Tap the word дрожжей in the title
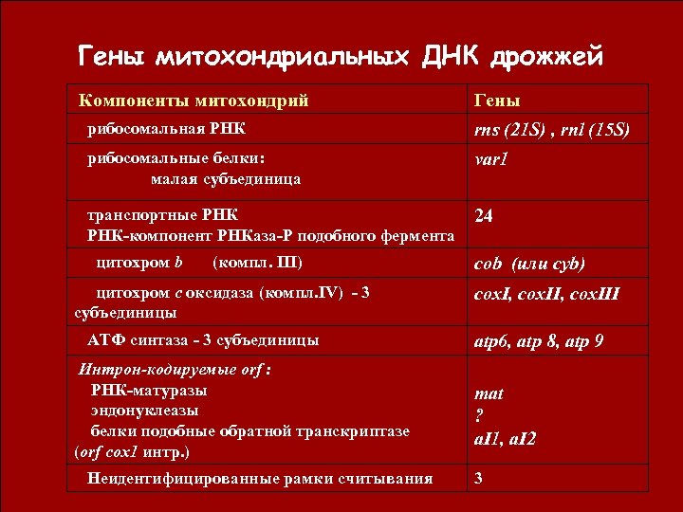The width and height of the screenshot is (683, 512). click(x=546, y=57)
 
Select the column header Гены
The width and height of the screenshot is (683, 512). click(x=497, y=101)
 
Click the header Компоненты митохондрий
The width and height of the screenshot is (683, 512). click(x=194, y=100)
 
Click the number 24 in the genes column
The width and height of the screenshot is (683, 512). click(x=484, y=216)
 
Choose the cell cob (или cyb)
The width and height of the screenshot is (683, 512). click(x=529, y=264)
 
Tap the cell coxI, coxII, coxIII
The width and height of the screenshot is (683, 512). click(x=546, y=294)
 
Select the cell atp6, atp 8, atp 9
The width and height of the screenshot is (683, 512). click(x=539, y=339)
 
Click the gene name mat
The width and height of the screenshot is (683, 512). click(x=489, y=393)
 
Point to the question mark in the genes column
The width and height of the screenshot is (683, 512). click(x=479, y=415)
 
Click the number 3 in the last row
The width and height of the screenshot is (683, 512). click(x=479, y=478)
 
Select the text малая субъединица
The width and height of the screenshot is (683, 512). click(x=225, y=178)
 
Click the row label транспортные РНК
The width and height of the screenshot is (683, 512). click(x=163, y=214)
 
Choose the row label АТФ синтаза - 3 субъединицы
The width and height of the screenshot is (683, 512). click(x=203, y=339)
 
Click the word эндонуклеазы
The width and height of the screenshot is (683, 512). click(x=144, y=411)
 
